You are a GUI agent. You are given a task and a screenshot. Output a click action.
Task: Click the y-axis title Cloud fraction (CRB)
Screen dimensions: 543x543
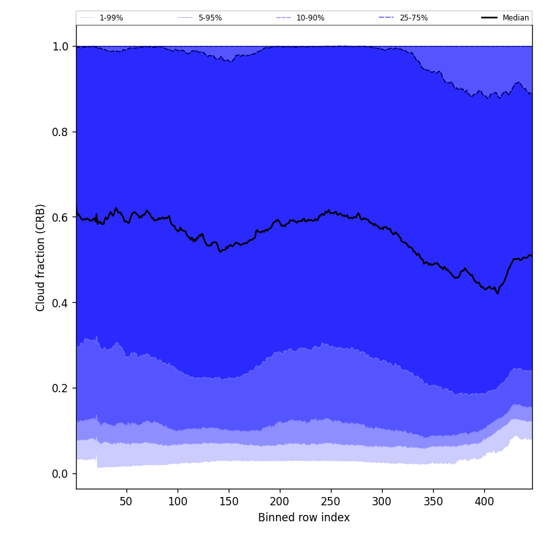[x=41, y=257]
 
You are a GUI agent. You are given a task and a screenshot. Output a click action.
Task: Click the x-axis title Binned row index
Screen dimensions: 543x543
[x=304, y=517]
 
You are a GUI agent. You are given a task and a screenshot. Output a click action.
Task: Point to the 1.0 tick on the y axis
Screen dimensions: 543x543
[x=61, y=47]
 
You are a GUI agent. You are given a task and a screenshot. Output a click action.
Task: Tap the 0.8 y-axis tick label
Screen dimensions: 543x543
[x=61, y=132]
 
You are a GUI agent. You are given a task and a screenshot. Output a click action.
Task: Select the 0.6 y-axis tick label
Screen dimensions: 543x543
[x=61, y=217]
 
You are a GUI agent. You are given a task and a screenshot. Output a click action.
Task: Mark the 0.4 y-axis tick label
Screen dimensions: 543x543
[x=61, y=303]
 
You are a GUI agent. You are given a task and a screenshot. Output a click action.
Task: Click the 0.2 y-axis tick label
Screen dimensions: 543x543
[x=61, y=388]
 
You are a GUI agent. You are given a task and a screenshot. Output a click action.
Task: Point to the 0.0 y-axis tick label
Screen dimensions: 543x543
[x=61, y=473]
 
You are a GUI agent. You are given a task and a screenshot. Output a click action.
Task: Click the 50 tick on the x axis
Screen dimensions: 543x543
[x=126, y=501]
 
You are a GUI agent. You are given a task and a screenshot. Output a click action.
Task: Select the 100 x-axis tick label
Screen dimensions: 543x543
[x=178, y=501]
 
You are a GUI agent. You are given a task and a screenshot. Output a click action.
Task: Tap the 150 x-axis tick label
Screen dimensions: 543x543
[x=229, y=501]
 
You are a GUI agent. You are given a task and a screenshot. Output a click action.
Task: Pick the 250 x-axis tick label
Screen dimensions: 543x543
[x=331, y=501]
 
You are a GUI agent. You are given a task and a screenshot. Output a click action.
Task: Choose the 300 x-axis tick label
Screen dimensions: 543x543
[x=382, y=501]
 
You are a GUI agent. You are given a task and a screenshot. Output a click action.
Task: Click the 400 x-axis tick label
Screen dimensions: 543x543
[x=484, y=501]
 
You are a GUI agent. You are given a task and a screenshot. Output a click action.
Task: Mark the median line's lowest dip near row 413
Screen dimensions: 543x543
[x=498, y=293]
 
